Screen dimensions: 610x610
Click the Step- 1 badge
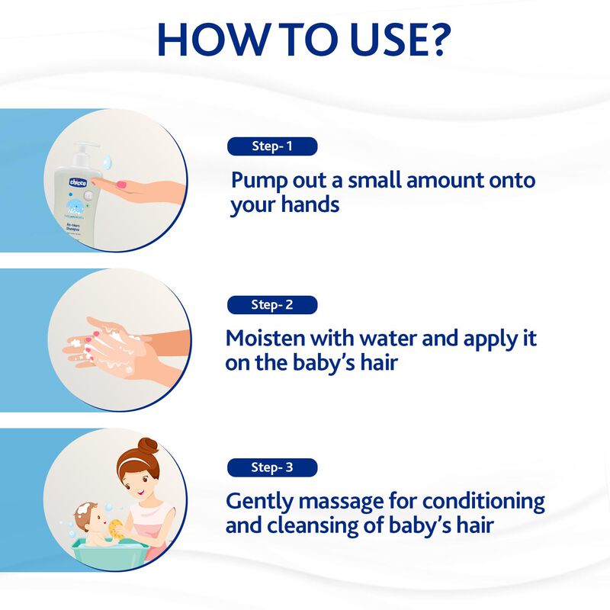272,146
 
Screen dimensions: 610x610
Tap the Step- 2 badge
272,305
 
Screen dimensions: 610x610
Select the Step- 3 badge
272,467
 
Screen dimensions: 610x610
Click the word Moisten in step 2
265,339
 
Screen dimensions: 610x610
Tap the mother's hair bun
145,447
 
